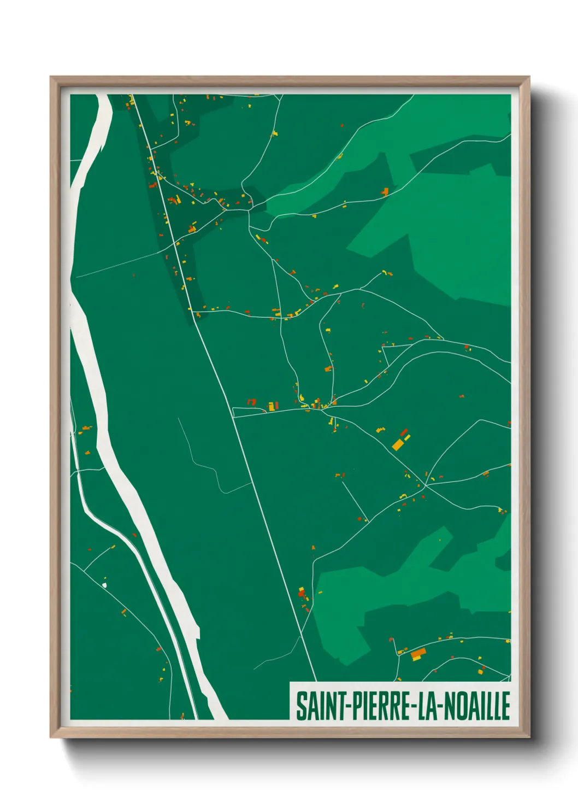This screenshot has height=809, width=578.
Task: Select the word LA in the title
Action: (427, 706)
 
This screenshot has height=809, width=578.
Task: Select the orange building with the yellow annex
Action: (418, 654)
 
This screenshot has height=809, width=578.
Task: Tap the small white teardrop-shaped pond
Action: (104, 585)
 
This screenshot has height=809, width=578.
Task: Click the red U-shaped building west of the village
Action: (252, 402)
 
